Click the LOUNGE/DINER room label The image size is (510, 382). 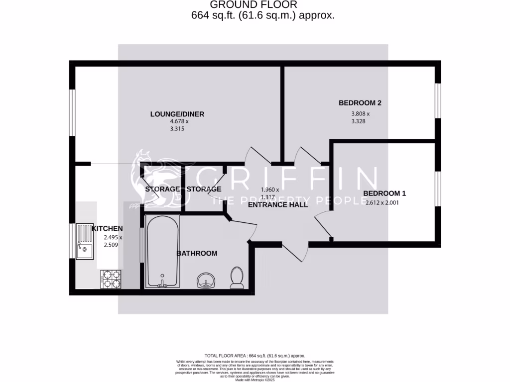177,114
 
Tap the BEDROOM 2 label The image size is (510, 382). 360,103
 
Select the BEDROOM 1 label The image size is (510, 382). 381,193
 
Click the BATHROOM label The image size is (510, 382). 197,253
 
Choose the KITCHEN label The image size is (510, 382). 107,228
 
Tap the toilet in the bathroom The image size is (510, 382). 237,278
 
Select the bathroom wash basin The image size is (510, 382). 206,282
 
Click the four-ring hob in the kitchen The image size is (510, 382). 111,279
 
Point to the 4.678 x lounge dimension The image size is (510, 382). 179,121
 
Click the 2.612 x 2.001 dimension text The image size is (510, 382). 382,203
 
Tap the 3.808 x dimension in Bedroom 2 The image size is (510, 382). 361,113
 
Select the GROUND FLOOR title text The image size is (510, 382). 254,5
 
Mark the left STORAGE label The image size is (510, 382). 162,190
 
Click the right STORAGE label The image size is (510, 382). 204,190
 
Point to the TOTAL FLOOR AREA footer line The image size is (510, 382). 255,356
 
